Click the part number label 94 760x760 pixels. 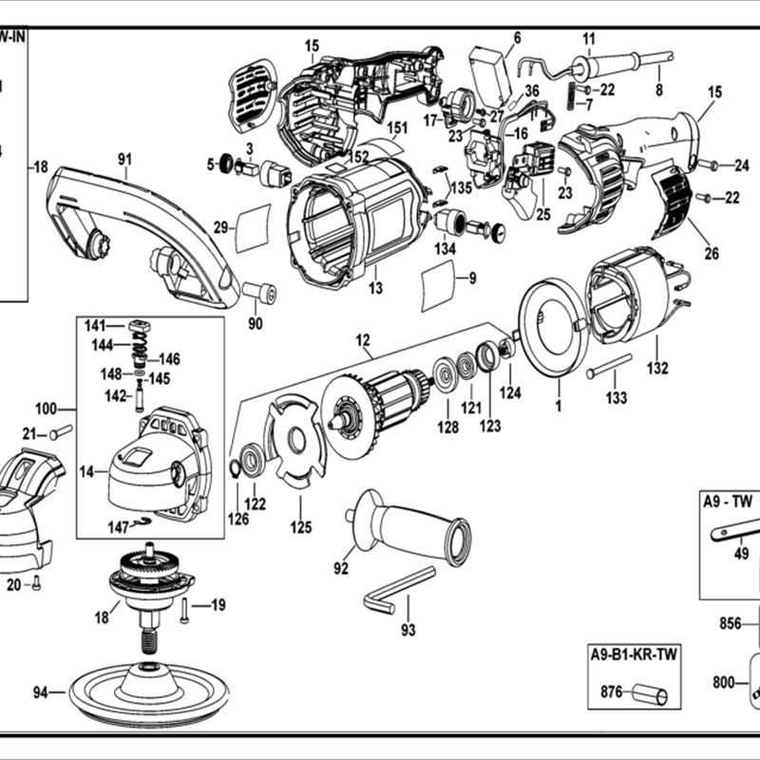[40, 693]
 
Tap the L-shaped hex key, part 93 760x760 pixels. [399, 589]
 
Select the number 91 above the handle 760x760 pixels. [124, 160]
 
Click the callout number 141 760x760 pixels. [95, 326]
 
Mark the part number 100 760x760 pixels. [47, 408]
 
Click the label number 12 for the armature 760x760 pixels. [363, 339]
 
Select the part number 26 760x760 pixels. [712, 254]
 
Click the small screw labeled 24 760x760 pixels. [712, 164]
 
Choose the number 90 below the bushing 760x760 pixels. [255, 324]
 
